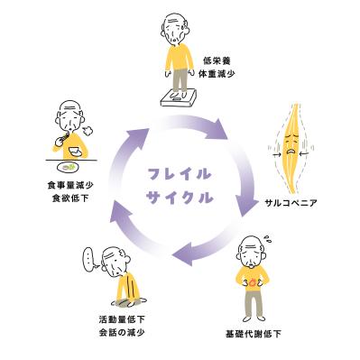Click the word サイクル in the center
click(x=180, y=194)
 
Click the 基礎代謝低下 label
click(x=254, y=334)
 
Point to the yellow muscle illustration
click(x=291, y=143)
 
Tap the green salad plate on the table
click(x=69, y=165)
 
